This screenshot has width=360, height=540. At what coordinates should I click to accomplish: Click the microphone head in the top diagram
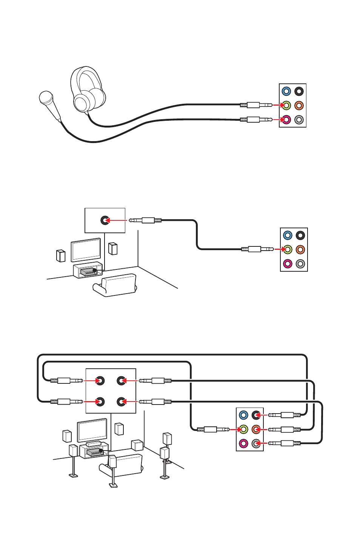point(46,98)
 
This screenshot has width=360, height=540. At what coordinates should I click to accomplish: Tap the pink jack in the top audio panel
point(286,120)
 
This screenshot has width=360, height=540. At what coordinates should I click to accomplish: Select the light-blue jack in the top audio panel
point(286,91)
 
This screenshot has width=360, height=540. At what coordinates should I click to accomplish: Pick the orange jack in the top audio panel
point(299,106)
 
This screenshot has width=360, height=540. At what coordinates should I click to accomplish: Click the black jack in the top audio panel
point(299,91)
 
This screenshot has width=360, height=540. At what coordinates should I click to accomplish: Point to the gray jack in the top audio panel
point(299,120)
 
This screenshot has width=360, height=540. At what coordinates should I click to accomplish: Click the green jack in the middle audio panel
point(288,249)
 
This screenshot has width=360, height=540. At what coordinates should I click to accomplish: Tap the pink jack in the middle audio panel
point(288,264)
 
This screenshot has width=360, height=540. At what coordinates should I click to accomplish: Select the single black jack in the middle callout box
point(105,220)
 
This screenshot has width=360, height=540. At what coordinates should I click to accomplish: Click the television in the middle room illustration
point(86,250)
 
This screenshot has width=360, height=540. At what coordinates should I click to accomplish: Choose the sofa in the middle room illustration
point(115,285)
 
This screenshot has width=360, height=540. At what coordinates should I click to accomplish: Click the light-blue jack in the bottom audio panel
point(244,415)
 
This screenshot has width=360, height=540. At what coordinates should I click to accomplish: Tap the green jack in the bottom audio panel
point(244,429)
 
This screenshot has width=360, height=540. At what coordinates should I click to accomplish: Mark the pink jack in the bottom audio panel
point(244,443)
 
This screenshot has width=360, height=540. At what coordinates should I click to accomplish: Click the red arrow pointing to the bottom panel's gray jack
point(262,443)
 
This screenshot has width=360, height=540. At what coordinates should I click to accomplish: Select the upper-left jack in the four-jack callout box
point(100,381)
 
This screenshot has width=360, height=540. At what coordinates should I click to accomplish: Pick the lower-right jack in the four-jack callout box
point(121,402)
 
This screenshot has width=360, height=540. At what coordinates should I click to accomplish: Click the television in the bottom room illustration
point(92,430)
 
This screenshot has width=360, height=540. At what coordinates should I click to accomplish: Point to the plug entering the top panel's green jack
point(259,105)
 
